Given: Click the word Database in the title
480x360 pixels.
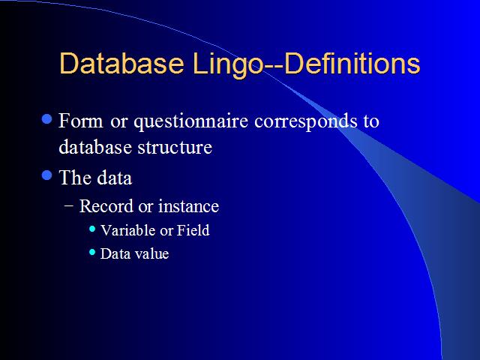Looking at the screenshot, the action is click(x=121, y=63).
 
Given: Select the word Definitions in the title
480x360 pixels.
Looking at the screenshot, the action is click(x=352, y=63).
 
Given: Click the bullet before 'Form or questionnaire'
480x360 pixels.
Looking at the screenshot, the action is click(x=46, y=118).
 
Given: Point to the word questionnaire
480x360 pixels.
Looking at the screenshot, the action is click(x=190, y=122).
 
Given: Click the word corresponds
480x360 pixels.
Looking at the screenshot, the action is click(x=306, y=122).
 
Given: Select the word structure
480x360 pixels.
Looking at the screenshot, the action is click(x=175, y=147).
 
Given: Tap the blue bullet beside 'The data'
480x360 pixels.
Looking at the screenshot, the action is click(x=46, y=175).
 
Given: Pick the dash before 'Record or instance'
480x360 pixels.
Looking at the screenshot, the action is click(x=69, y=206).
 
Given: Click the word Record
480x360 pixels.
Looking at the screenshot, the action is click(x=106, y=206).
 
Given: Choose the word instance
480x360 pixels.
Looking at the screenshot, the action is click(x=188, y=206).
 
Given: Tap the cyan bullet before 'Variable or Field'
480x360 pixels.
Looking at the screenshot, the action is click(x=92, y=229).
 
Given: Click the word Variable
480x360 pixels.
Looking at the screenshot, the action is click(x=128, y=230).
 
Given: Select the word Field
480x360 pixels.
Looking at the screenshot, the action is click(x=193, y=230).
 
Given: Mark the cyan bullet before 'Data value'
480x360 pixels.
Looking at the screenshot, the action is click(x=92, y=253).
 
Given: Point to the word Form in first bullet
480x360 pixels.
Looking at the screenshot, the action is click(x=81, y=121).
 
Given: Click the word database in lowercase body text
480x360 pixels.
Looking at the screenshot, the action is click(x=95, y=147).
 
